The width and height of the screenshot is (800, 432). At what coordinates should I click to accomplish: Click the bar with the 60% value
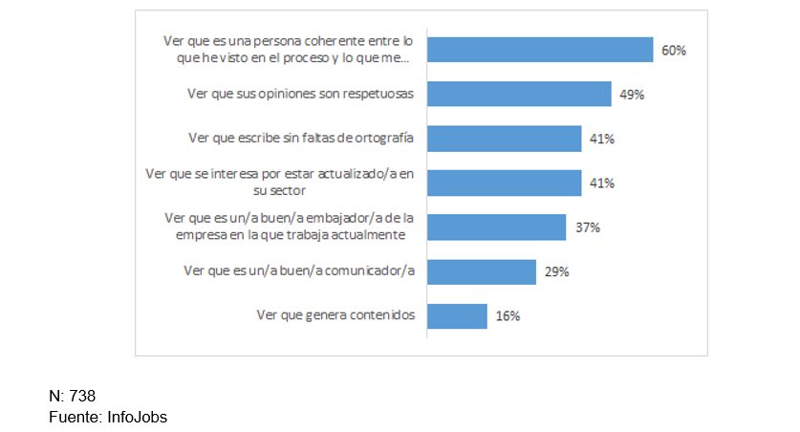(x=540, y=50)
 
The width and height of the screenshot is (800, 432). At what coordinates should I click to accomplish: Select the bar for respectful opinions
(x=519, y=94)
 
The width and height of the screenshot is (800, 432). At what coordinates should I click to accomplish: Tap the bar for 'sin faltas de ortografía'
(x=504, y=139)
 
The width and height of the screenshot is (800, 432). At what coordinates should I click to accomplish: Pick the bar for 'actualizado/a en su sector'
(x=504, y=183)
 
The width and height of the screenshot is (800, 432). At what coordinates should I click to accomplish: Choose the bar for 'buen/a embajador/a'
(x=496, y=227)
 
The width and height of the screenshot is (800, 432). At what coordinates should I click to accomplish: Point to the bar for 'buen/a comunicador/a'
(x=481, y=271)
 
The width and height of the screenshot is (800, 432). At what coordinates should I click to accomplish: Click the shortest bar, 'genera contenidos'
(x=457, y=316)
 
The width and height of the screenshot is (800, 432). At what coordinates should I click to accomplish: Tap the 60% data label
(x=674, y=51)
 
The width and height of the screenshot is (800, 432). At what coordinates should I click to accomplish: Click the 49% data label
(x=632, y=95)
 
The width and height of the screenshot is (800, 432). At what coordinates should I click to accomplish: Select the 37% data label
(x=587, y=228)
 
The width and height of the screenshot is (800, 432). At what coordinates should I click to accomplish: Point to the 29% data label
(x=556, y=272)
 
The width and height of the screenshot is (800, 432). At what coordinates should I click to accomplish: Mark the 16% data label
(x=508, y=317)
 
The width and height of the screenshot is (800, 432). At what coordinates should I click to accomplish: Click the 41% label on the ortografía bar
(x=601, y=140)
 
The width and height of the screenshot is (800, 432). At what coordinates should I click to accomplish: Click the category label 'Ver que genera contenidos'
(x=335, y=314)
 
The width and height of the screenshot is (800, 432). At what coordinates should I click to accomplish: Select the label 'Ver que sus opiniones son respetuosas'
(x=301, y=94)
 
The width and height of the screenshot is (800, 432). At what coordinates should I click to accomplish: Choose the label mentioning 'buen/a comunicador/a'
(x=298, y=271)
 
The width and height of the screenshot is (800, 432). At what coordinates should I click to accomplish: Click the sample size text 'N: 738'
(x=73, y=396)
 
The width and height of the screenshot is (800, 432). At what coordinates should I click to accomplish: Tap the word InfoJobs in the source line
(x=137, y=417)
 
